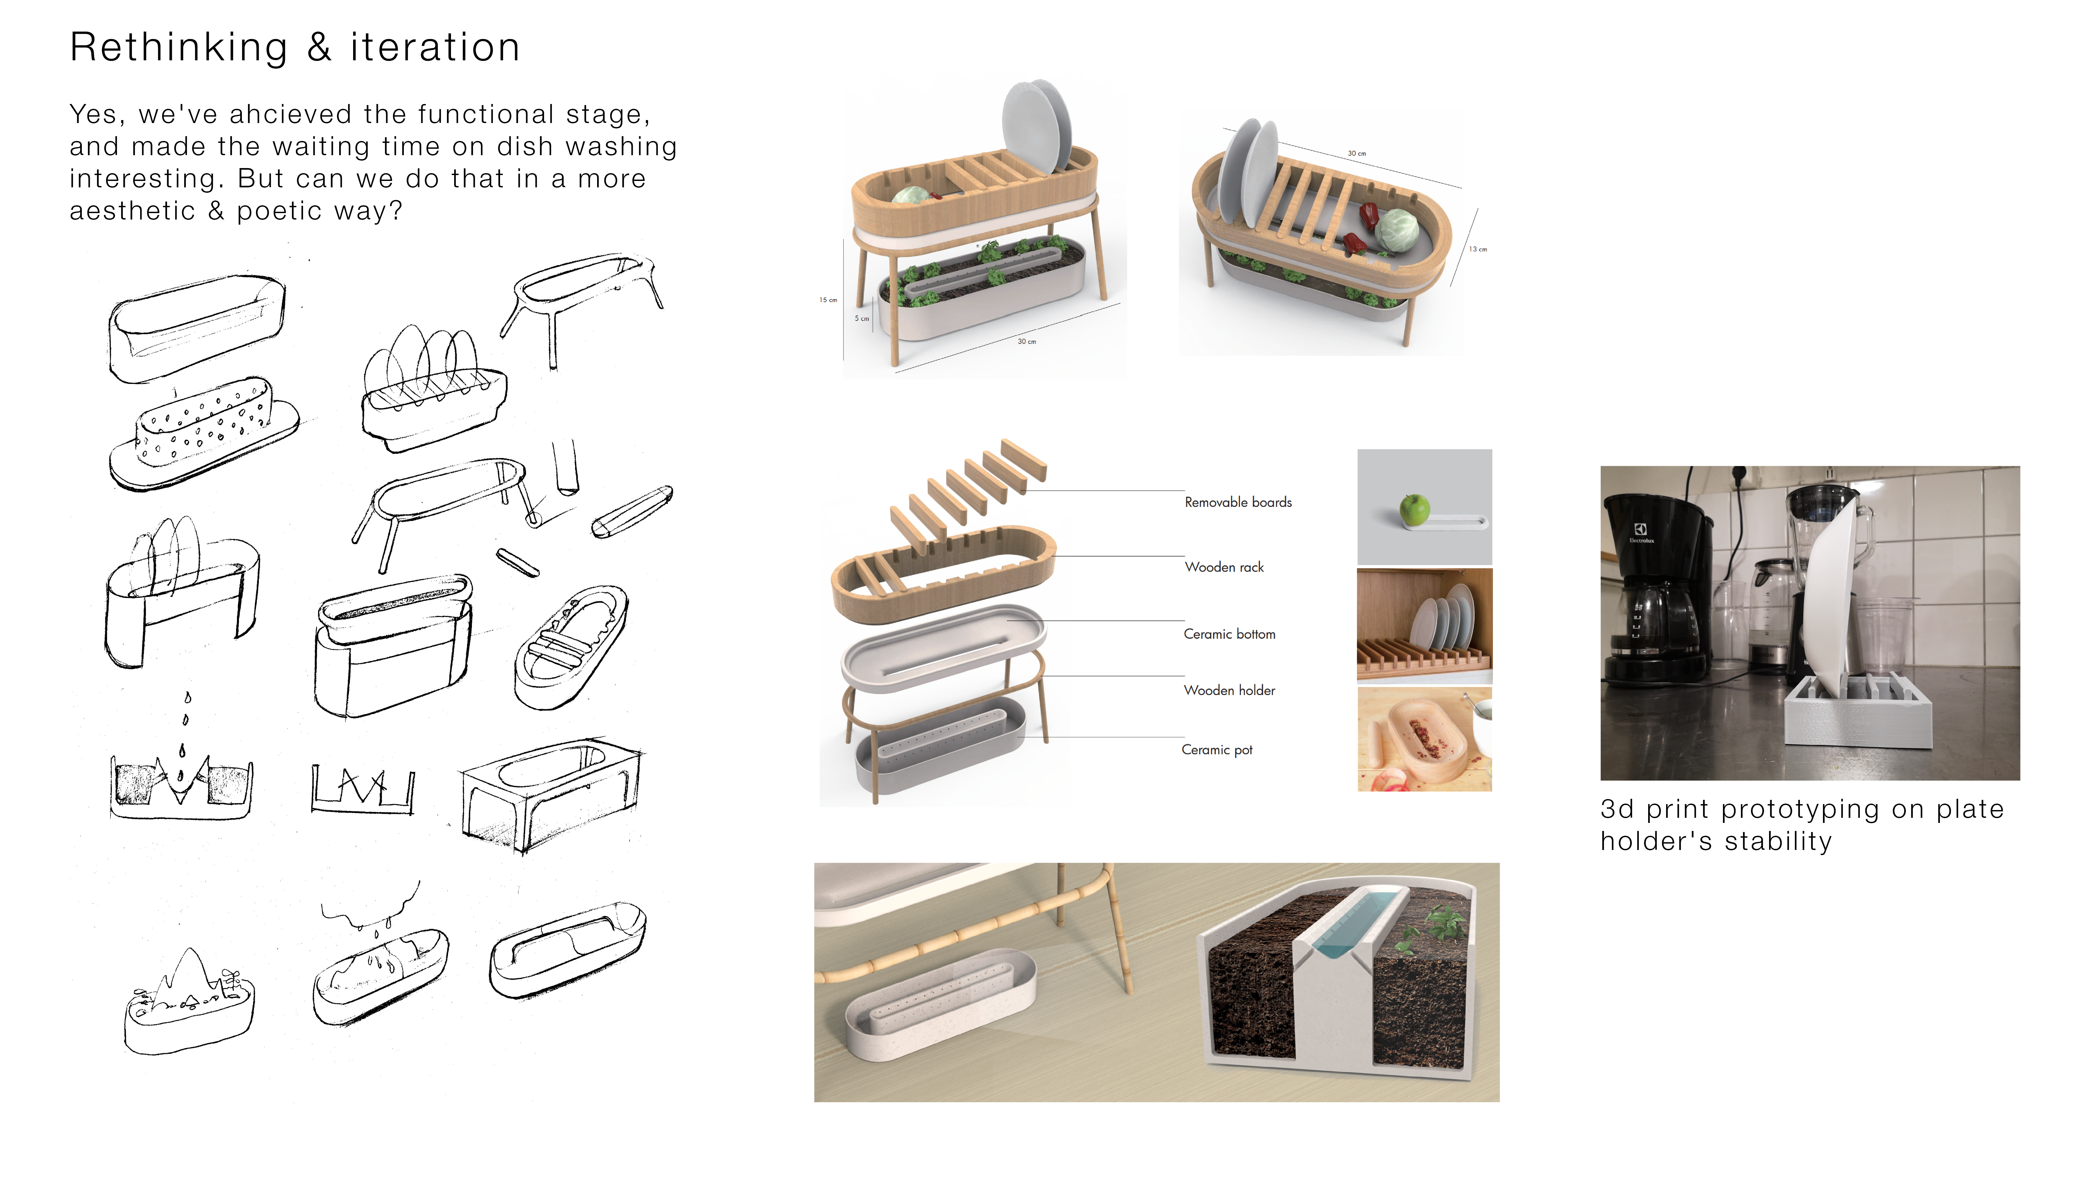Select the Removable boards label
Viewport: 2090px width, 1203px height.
[1237, 502]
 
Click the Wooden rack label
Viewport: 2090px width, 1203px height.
[1224, 567]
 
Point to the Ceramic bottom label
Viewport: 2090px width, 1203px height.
[1229, 634]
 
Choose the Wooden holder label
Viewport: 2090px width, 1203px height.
[1229, 690]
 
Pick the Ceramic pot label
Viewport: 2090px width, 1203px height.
[1216, 749]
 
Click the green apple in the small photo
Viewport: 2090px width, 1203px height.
[1414, 510]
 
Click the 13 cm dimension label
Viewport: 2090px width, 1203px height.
[1478, 249]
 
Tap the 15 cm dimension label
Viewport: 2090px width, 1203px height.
[827, 300]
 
